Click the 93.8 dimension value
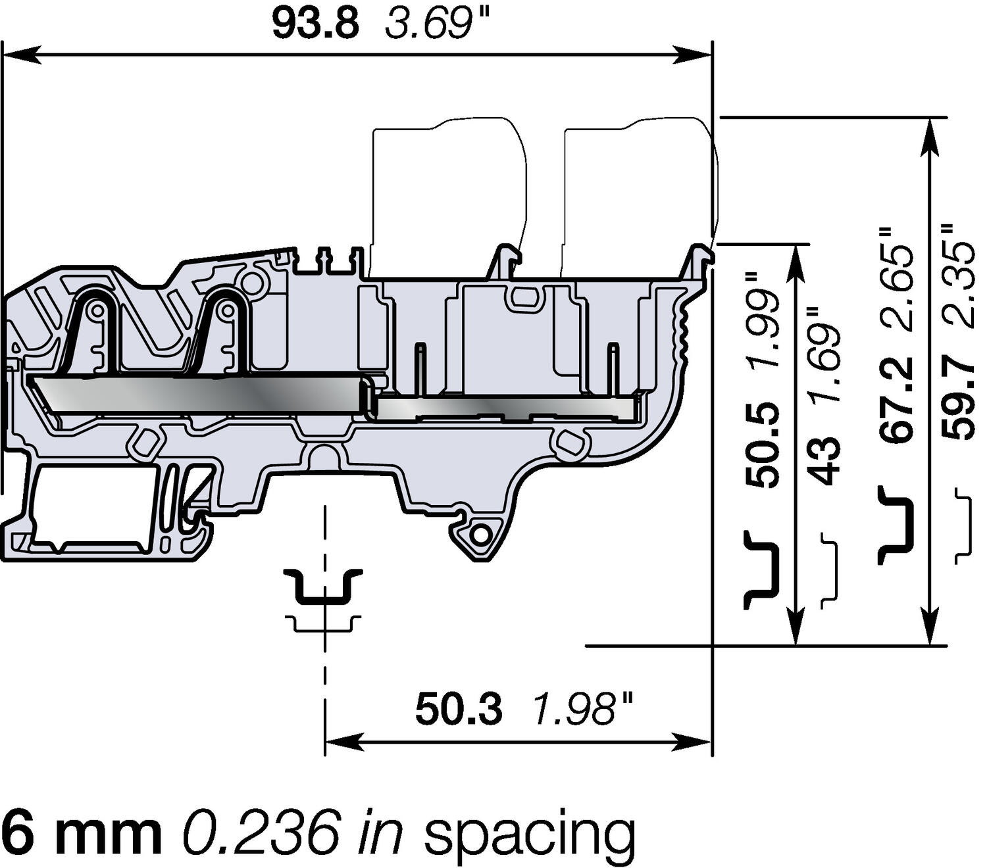[316, 24]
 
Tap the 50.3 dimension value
[459, 710]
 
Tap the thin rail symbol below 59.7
[963, 525]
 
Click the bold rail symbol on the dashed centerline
[323, 586]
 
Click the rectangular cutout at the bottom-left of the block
[92, 506]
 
